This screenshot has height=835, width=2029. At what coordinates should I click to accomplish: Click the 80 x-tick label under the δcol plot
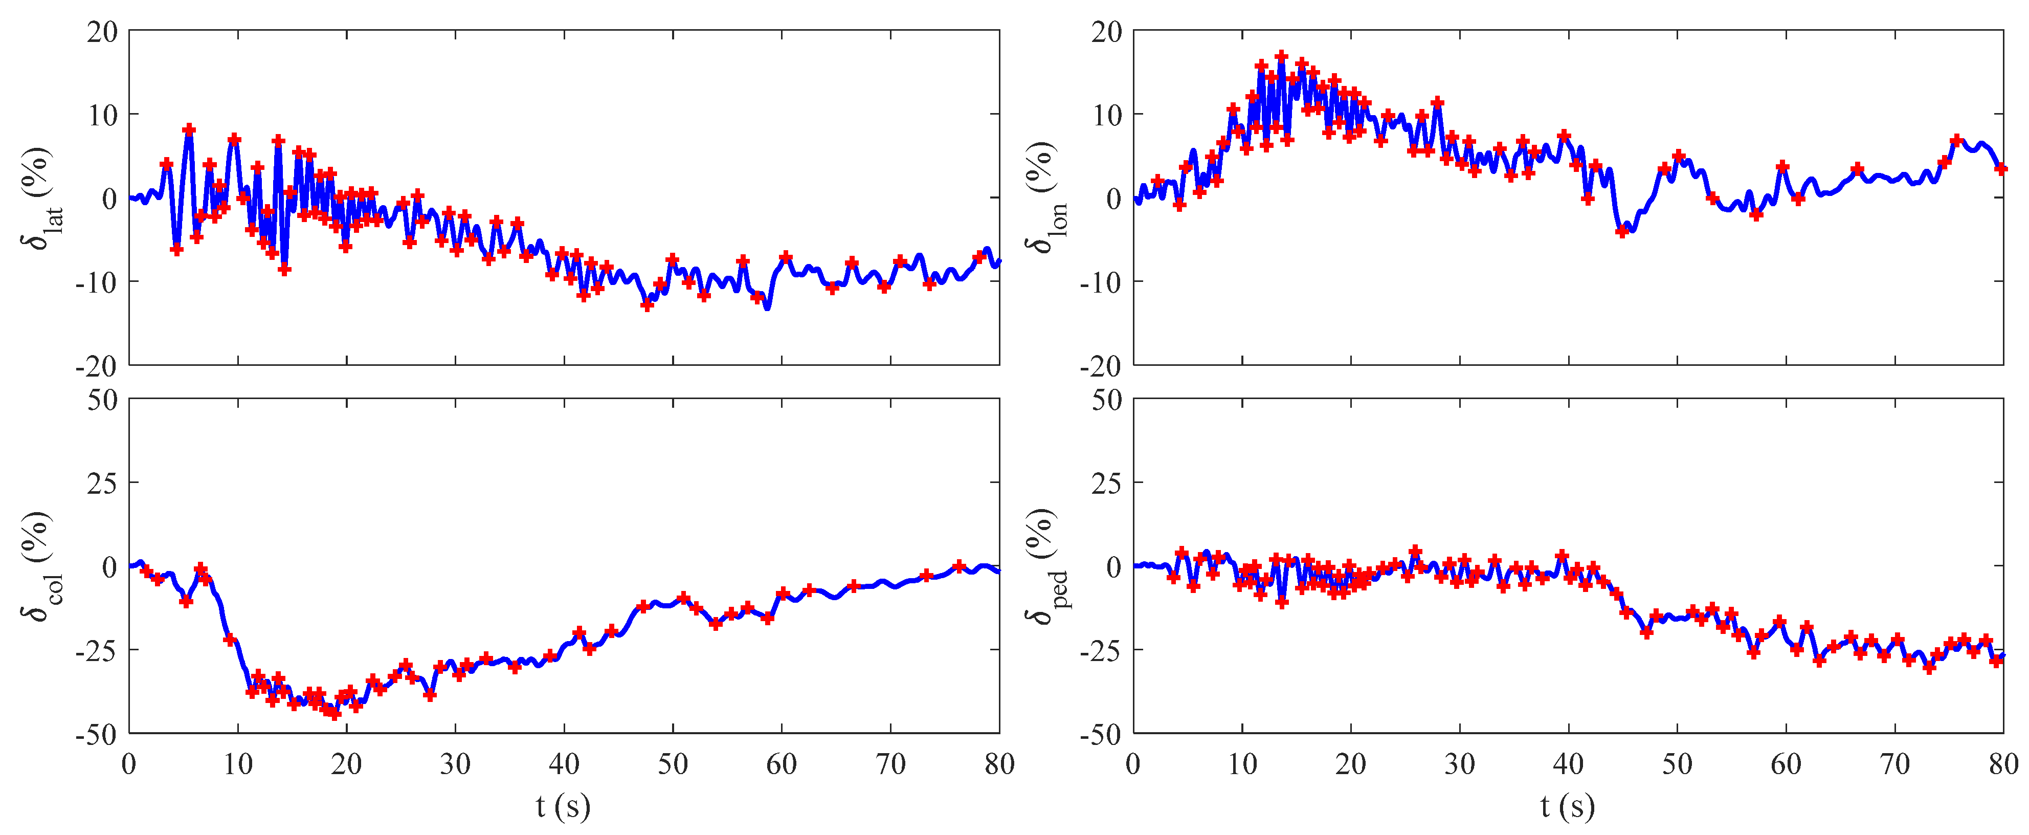(999, 763)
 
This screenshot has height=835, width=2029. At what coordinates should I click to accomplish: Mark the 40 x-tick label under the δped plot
(1568, 763)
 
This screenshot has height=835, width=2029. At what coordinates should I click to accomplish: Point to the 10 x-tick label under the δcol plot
(237, 763)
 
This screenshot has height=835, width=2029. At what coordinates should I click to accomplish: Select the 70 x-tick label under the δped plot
(1894, 763)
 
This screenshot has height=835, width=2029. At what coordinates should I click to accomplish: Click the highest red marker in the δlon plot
(1282, 57)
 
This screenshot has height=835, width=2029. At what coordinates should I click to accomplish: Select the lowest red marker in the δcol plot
(334, 714)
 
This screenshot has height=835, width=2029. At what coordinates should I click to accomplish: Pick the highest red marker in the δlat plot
(189, 129)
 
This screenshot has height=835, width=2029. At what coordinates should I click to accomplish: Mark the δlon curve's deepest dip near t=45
(1621, 232)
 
